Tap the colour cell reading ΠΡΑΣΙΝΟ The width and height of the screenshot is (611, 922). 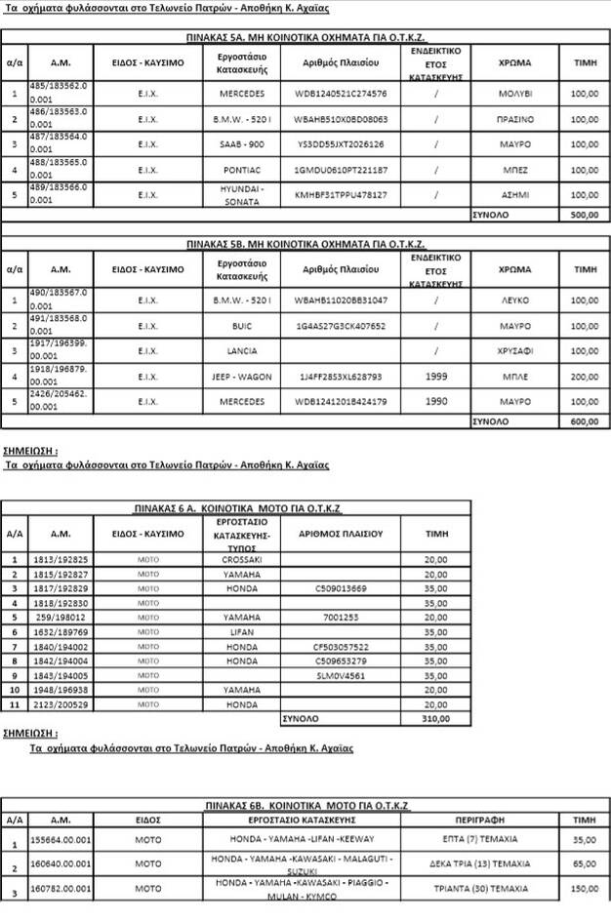[514, 119]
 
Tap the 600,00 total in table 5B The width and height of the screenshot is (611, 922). [584, 421]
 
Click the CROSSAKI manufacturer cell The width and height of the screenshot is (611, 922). [241, 560]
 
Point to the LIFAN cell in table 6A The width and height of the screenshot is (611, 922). [241, 632]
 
